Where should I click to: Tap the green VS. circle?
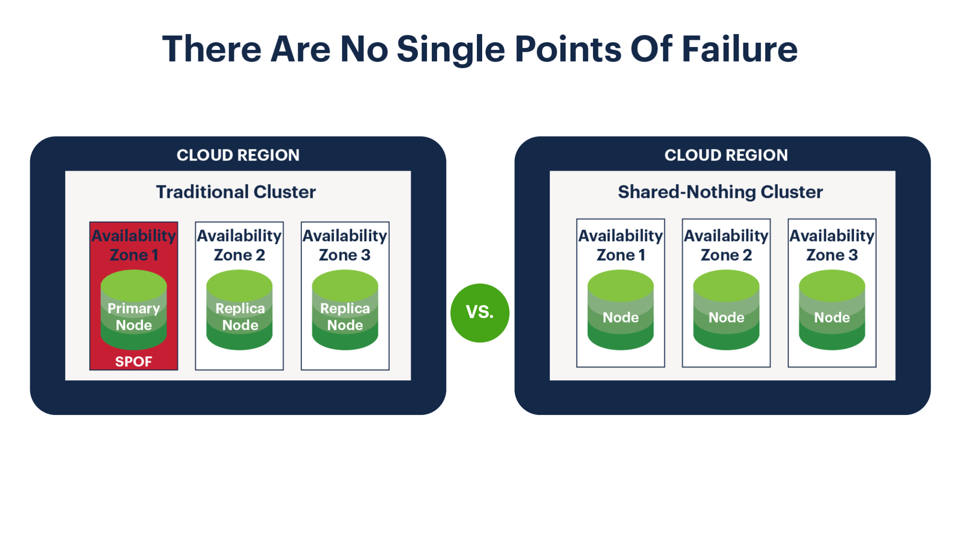point(480,313)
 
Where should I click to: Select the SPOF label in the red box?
point(134,361)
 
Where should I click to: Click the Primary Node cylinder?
point(134,310)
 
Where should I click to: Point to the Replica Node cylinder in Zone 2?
point(239,310)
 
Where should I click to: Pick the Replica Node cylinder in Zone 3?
point(345,310)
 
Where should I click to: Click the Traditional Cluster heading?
point(236,192)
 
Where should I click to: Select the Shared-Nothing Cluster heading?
point(720,192)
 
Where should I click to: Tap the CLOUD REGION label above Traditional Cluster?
point(238,155)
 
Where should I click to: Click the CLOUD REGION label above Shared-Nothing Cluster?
point(726,155)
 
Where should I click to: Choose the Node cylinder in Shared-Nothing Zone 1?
point(620,310)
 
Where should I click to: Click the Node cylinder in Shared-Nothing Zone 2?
point(726,310)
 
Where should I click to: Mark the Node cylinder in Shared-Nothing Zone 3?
point(832,310)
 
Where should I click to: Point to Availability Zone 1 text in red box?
point(134,245)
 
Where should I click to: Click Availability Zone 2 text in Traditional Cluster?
point(239,245)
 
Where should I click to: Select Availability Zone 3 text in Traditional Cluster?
point(345,245)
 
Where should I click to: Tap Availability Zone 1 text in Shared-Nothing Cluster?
point(620,245)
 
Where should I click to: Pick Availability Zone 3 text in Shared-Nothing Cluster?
point(832,245)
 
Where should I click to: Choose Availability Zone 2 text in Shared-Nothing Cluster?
point(726,245)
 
